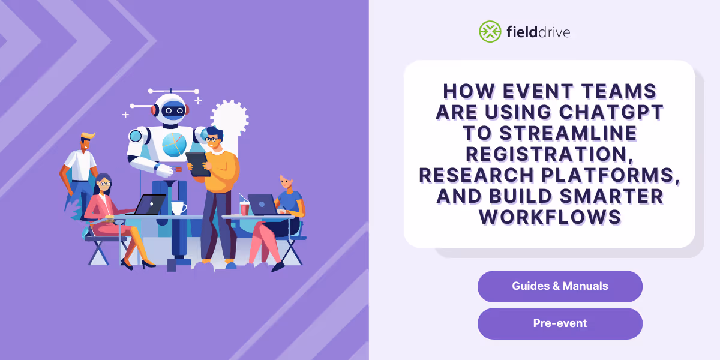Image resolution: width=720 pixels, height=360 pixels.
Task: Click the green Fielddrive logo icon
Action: (490, 32)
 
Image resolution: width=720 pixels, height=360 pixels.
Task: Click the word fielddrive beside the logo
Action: (537, 32)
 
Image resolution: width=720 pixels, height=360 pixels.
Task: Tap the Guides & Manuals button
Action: (560, 286)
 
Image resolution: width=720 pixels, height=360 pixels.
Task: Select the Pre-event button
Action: (560, 323)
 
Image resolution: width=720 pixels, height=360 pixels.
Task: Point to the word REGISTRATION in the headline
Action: (549, 154)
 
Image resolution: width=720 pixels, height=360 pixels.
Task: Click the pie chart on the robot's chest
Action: (175, 144)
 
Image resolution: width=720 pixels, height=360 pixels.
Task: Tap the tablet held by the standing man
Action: (198, 163)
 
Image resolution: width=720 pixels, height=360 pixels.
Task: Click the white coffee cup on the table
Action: (178, 208)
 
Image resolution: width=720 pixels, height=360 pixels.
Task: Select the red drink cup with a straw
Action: (244, 208)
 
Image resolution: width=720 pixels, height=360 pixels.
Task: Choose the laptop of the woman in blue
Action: (262, 205)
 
